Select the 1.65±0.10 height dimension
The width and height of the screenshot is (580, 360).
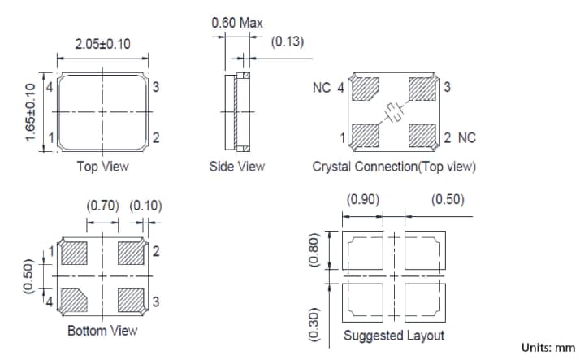point(31,112)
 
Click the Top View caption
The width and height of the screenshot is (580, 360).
point(102,167)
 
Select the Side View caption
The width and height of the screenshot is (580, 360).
point(236,167)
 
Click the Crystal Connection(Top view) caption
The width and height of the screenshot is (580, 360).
point(394,167)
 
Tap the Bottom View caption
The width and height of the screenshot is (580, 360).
point(102,331)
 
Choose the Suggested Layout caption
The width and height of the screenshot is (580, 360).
point(394,336)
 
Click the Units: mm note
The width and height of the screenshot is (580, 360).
point(548,348)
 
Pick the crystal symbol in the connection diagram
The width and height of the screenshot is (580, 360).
point(395,112)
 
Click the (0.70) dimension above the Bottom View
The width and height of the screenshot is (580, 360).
point(102,206)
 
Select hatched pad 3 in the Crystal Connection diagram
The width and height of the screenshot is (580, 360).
point(422,88)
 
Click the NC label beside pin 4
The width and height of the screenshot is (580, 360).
point(321,88)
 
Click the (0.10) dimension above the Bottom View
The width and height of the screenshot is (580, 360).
point(145,206)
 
